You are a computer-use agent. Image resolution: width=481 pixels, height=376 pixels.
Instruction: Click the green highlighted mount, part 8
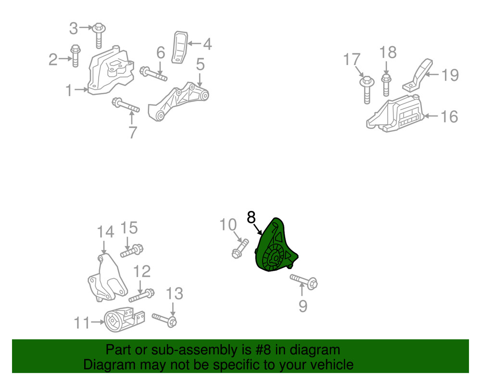pos(274,250)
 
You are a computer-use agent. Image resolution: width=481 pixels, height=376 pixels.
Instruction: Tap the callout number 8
pos(251,218)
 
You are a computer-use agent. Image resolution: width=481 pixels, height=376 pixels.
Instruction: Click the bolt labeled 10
pos(239,248)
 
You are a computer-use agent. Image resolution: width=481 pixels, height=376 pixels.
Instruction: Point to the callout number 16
pos(449,116)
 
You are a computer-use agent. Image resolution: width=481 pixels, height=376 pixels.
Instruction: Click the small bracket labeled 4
pos(180,46)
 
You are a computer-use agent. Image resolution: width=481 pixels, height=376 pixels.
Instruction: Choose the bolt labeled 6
pos(153,74)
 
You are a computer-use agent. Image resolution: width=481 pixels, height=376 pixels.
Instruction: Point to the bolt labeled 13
pos(165,319)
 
